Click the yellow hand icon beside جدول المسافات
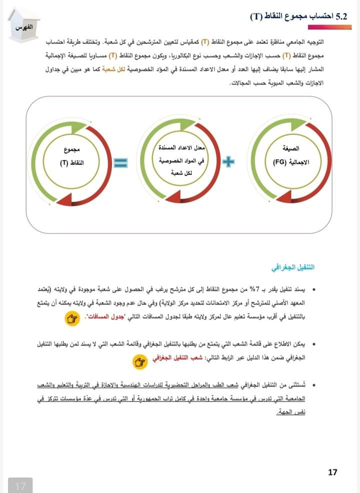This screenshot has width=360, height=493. [73, 317]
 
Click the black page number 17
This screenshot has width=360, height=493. [333, 471]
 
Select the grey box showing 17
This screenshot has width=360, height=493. [20, 485]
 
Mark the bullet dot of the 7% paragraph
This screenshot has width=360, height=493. [314, 290]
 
